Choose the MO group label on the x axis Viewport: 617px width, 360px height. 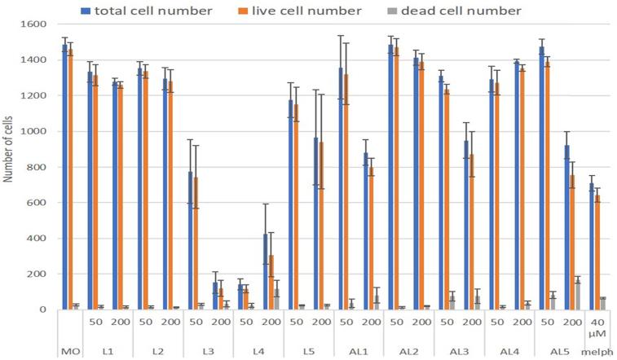coord(70,350)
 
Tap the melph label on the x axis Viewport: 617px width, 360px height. coord(598,350)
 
